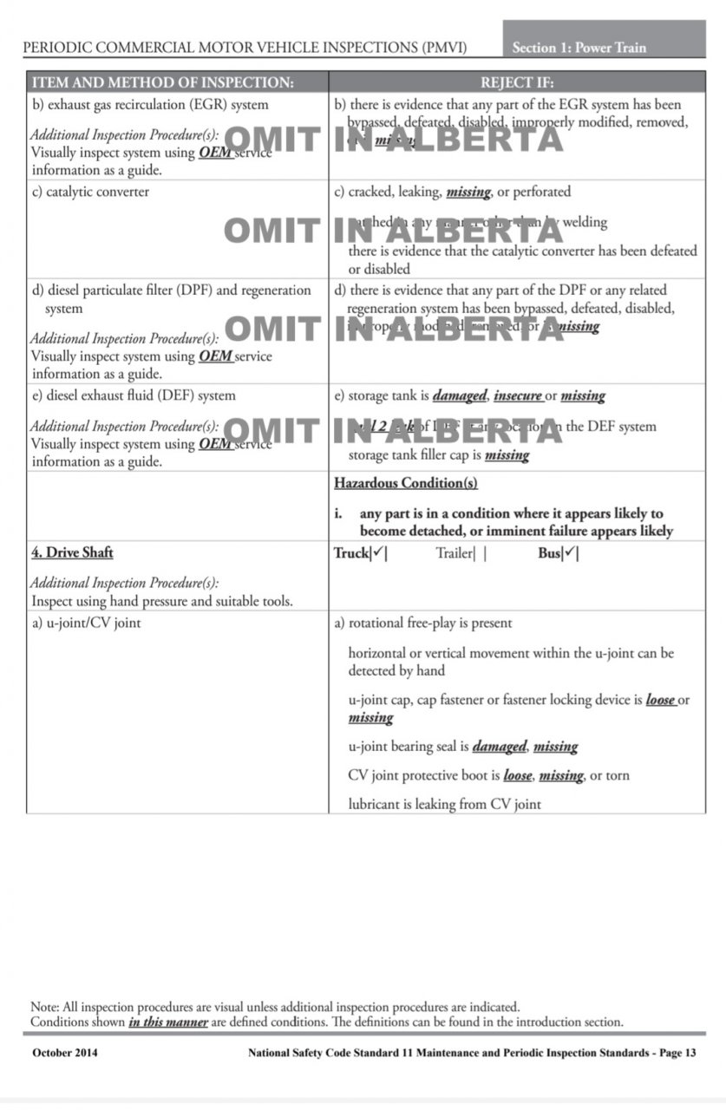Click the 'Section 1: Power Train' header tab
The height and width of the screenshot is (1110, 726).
tap(579, 48)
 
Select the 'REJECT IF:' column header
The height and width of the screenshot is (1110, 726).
tap(516, 83)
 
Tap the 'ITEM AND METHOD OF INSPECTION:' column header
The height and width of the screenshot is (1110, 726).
tap(163, 83)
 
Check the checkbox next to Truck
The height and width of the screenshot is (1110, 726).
tap(379, 553)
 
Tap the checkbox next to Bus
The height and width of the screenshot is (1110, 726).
tap(571, 553)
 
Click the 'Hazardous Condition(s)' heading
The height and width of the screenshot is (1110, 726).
tap(405, 483)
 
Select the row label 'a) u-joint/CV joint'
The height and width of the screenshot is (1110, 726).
tap(86, 623)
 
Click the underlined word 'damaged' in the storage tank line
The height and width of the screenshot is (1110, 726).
tap(460, 395)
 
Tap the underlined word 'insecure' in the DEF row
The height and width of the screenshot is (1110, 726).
tap(518, 395)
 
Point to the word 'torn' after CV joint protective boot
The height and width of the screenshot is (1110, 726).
tap(618, 775)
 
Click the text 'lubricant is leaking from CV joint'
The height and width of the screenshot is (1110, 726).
tap(444, 804)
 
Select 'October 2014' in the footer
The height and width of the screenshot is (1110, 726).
tap(65, 1053)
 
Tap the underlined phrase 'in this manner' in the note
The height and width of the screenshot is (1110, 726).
tap(168, 1022)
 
